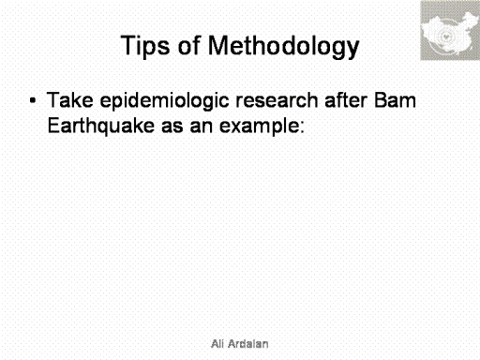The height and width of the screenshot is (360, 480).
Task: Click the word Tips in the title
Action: click(x=145, y=46)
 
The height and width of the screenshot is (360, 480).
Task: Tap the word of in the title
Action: click(x=188, y=45)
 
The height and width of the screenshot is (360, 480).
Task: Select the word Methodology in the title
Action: click(x=283, y=46)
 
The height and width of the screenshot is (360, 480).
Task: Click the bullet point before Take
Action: click(x=33, y=100)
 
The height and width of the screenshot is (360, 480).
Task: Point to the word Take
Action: click(x=70, y=100)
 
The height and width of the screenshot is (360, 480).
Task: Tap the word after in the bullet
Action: click(x=346, y=100)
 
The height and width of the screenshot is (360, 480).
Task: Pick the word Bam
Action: click(x=395, y=100)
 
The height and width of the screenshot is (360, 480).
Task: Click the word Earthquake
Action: click(x=101, y=127)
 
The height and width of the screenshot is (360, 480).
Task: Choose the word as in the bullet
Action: click(x=172, y=127)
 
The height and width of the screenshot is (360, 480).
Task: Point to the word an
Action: click(x=201, y=127)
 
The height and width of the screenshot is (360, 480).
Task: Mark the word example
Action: click(x=260, y=127)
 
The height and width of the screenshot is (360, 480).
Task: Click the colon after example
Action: click(x=302, y=127)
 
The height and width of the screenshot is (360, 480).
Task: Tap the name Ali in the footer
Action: click(x=217, y=344)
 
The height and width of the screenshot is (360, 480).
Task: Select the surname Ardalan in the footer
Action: click(x=248, y=344)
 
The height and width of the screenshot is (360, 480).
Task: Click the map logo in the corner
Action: click(x=450, y=30)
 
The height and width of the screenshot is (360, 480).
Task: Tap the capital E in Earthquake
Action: click(x=52, y=126)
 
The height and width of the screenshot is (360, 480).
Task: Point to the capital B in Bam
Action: click(x=380, y=100)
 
